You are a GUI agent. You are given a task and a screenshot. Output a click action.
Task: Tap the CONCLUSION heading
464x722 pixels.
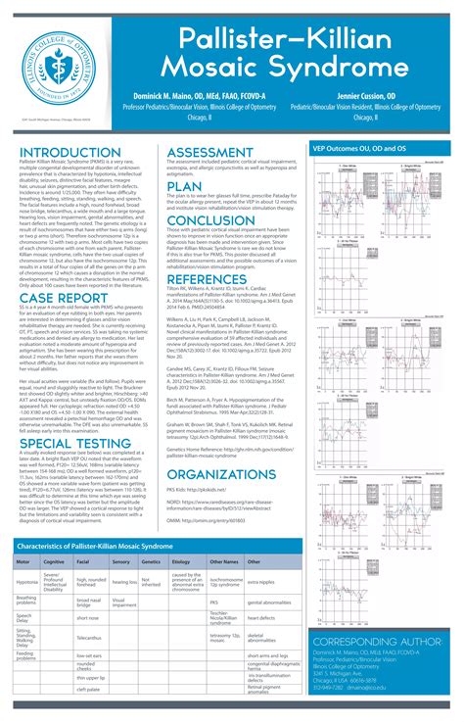211,220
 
